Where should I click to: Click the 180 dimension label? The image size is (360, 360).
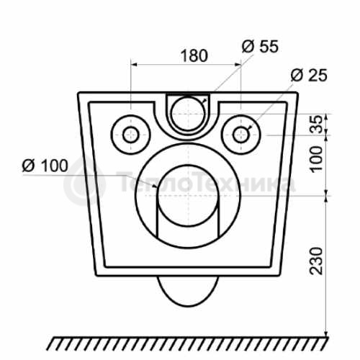(194, 55)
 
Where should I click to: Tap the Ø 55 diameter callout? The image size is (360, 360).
(260, 46)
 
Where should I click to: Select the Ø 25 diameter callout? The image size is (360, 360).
(309, 75)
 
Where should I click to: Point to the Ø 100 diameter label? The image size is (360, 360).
(45, 166)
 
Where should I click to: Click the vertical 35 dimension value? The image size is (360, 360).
(317, 125)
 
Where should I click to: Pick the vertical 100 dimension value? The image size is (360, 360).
(317, 159)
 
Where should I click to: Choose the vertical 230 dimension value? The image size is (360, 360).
(317, 261)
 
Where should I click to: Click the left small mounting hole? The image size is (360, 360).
(130, 135)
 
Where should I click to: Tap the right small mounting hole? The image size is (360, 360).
(240, 135)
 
